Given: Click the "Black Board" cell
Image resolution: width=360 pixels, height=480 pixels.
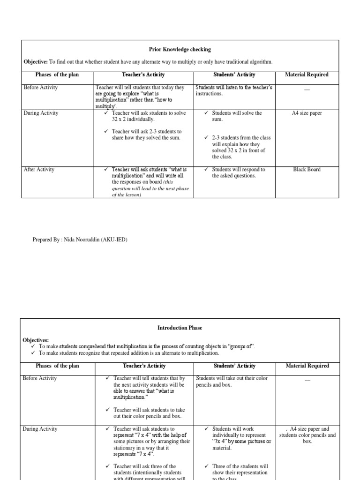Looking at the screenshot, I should pos(307,170).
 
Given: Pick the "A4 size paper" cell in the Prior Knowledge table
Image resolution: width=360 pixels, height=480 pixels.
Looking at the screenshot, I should pos(307,113).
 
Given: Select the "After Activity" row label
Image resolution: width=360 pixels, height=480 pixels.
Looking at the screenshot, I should pos(39,170).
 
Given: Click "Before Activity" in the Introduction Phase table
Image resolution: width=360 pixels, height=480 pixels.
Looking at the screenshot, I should pos(40,378).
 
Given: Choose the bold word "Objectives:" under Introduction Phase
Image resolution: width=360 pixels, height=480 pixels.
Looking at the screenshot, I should pos(36,339).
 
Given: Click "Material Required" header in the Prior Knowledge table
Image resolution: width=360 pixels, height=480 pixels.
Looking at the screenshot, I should pos(307,75).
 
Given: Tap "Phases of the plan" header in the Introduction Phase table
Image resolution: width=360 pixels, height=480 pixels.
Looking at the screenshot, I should pos(57,366).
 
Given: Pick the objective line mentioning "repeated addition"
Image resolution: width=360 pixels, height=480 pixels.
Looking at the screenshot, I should pos(129,353).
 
